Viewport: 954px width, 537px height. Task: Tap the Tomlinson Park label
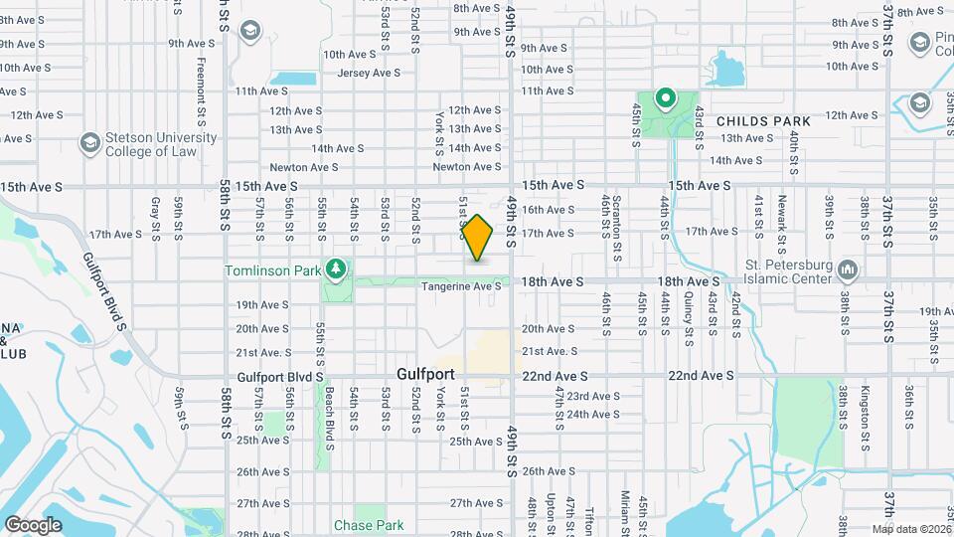pyautogui.click(x=272, y=269)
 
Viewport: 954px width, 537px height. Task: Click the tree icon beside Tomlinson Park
pyautogui.click(x=337, y=268)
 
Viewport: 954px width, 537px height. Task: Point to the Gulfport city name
pyautogui.click(x=425, y=375)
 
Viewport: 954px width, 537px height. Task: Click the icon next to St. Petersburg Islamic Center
pyautogui.click(x=848, y=269)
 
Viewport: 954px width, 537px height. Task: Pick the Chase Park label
pyautogui.click(x=369, y=525)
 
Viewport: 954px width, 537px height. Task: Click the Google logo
pyautogui.click(x=33, y=525)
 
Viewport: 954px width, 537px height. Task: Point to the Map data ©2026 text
pyautogui.click(x=912, y=528)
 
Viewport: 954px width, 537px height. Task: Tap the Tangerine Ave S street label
pyautogui.click(x=461, y=286)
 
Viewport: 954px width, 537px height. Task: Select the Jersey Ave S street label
pyautogui.click(x=369, y=73)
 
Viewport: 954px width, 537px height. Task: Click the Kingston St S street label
pyautogui.click(x=866, y=408)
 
